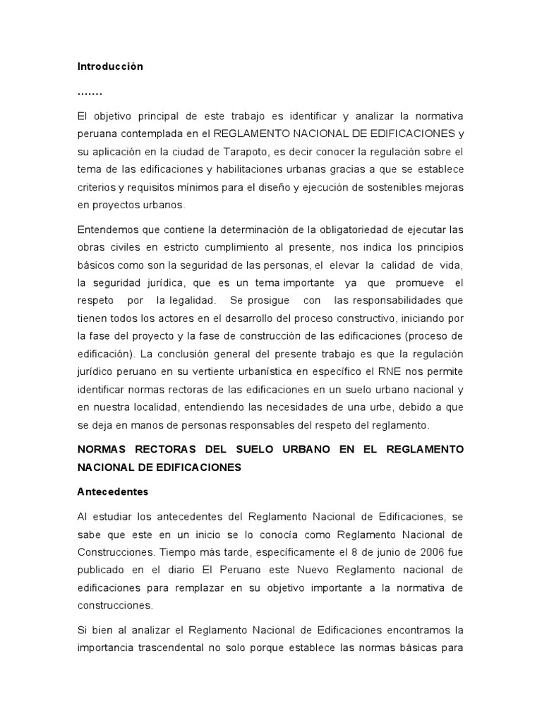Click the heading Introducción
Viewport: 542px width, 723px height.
pyautogui.click(x=110, y=67)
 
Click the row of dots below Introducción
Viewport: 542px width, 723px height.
pyautogui.click(x=90, y=92)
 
